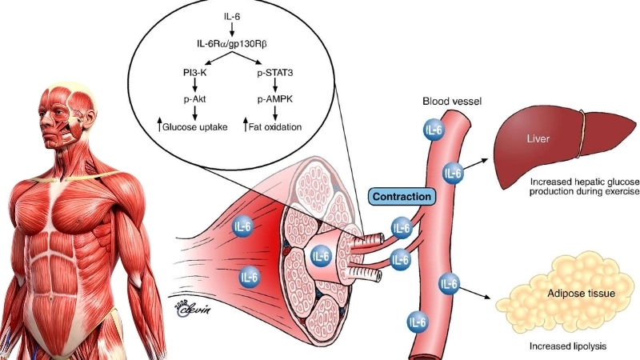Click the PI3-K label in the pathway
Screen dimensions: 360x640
(x=195, y=73)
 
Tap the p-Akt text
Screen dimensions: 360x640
(x=195, y=100)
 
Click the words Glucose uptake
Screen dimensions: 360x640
(x=196, y=127)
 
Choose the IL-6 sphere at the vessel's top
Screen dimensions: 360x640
(x=434, y=130)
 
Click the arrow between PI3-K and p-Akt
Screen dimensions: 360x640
(x=195, y=86)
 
